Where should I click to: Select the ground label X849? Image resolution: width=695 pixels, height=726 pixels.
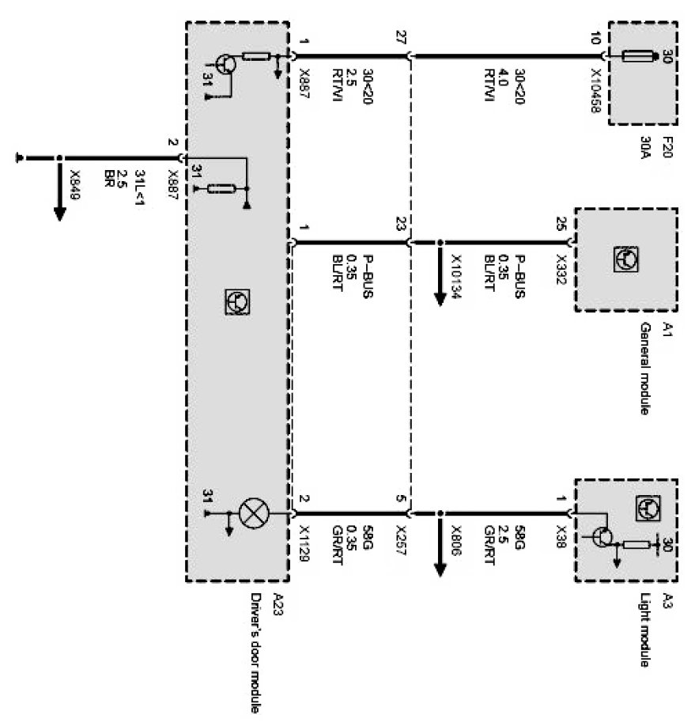[75, 183]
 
